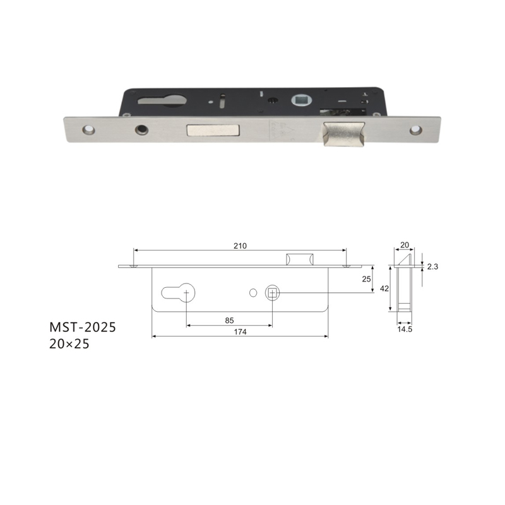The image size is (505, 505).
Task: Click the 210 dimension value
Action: [x=240, y=246]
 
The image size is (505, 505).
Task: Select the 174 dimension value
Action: [x=241, y=332]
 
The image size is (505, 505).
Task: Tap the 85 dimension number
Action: [x=229, y=321]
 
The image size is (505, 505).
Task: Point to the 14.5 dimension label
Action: [x=405, y=329]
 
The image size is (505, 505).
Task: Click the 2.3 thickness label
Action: [x=432, y=266]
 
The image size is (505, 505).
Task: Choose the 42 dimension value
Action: [x=384, y=288]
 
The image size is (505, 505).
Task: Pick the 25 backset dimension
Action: [x=366, y=279]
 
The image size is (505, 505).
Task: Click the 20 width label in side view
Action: [x=405, y=245]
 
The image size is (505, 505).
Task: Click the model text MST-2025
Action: [x=83, y=327]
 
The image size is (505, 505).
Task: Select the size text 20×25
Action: [x=69, y=344]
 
